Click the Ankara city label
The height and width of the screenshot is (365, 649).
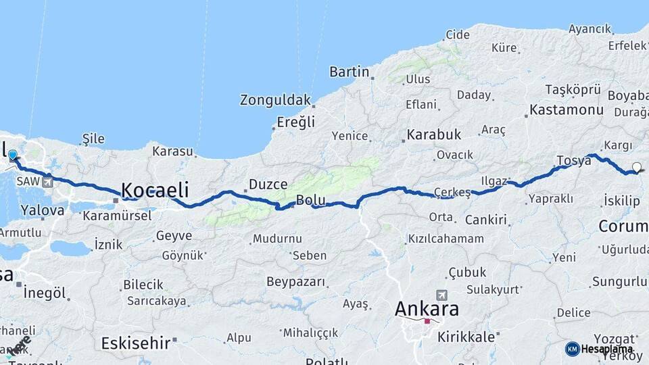coord(427,310)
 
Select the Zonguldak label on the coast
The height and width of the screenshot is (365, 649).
coord(275,100)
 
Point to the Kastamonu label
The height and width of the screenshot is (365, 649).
coord(567,109)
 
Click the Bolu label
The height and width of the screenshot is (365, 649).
coord(311,201)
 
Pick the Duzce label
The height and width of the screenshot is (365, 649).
coord(268,184)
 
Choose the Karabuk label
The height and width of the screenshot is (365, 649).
coord(434,135)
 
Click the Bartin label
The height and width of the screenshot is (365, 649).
coord(349,72)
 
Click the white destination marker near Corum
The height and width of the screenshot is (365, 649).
coord(636,167)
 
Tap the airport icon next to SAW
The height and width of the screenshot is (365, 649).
coord(47,182)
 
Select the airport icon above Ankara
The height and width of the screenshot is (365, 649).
coord(441,295)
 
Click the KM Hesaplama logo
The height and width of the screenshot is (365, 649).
coord(600,349)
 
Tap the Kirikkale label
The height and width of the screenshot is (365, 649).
coord(467,336)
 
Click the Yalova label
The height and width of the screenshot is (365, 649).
coord(42,210)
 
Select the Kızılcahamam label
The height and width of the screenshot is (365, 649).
coord(446,239)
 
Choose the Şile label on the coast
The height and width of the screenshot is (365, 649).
coord(93,139)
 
